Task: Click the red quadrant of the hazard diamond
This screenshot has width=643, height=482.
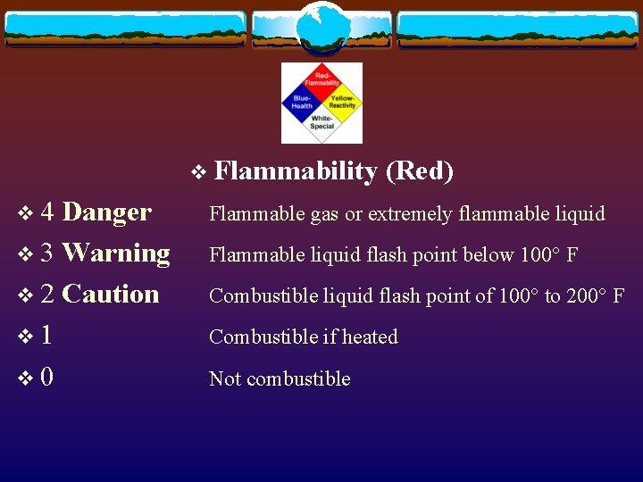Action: tap(321, 80)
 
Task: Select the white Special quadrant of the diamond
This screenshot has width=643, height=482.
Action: tap(321, 122)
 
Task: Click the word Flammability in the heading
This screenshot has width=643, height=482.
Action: tap(296, 170)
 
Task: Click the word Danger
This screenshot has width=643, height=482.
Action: tap(107, 212)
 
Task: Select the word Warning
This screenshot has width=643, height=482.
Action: tap(117, 253)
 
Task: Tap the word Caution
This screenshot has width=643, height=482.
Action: tap(112, 294)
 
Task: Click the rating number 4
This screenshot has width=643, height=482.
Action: tap(49, 212)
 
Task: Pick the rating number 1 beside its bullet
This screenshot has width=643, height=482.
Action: tap(46, 336)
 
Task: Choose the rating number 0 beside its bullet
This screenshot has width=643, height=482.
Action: tap(46, 377)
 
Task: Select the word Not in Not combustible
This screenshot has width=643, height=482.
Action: tap(225, 378)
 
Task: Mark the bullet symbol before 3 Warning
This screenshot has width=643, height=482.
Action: tap(24, 254)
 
